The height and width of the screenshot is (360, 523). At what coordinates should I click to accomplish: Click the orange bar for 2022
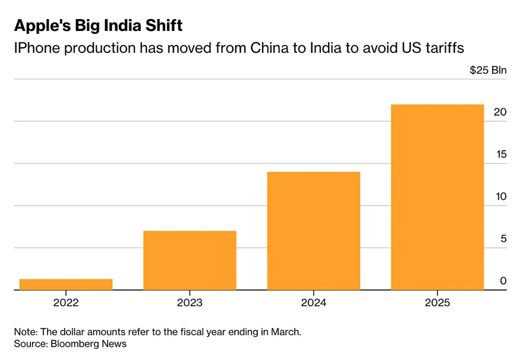point(66,285)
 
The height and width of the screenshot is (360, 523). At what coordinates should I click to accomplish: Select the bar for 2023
point(190,260)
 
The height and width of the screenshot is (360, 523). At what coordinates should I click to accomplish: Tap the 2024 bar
point(313,230)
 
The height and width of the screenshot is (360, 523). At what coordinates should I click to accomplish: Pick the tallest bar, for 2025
point(437,197)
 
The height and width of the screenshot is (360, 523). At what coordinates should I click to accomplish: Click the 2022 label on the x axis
point(66,302)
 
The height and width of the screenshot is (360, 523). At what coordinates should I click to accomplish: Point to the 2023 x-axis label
point(190,302)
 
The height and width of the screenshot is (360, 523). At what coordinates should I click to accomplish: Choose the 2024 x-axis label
point(313,302)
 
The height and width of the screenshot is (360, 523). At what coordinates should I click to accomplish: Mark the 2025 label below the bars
point(437,302)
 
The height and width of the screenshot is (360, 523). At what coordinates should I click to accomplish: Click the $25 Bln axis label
point(488,70)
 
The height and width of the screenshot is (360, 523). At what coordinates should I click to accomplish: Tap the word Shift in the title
point(162,26)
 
